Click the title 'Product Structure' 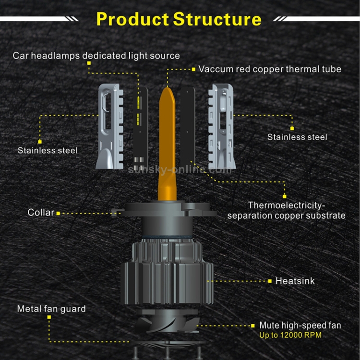(x=179, y=19)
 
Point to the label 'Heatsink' (x=295, y=281)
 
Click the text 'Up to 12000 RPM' (x=290, y=335)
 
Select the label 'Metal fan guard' (x=51, y=309)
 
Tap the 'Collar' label (x=41, y=212)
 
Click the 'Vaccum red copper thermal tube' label (x=270, y=69)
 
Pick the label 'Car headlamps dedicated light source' (x=96, y=56)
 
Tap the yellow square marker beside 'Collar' (x=59, y=213)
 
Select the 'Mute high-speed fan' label (x=300, y=325)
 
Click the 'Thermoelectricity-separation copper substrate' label (x=286, y=210)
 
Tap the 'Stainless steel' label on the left (x=48, y=150)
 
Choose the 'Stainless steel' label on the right (x=297, y=137)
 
